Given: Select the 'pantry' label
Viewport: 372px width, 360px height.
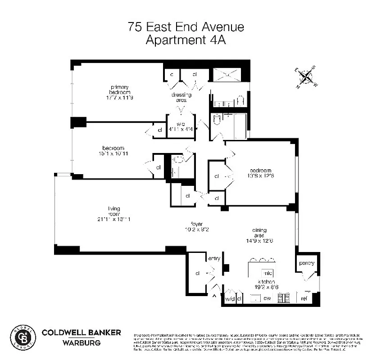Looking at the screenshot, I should click(306, 263).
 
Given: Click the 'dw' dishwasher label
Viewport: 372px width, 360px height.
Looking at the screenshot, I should click(267, 298).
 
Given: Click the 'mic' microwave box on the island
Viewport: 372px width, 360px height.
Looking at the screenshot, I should click(268, 273).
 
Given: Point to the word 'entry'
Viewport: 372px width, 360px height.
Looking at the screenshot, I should click(214, 258).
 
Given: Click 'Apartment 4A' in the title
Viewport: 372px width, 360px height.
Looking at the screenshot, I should click(186, 40).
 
